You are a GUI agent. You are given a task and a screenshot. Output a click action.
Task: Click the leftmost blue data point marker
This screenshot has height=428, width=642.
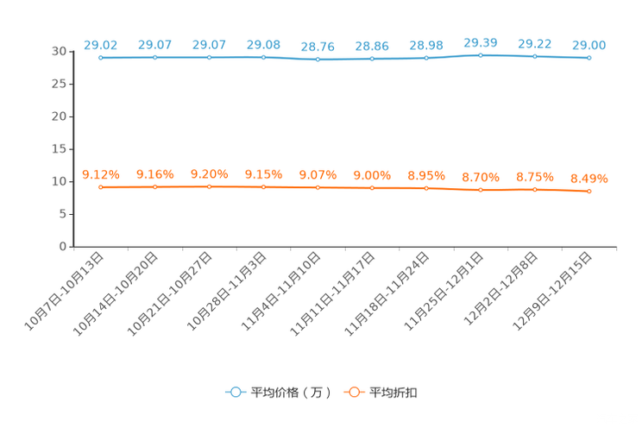tap(101, 58)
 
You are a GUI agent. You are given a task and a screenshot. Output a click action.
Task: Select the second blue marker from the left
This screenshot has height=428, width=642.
tap(155, 57)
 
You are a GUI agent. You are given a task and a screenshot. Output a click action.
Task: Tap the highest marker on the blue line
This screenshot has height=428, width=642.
tap(481, 55)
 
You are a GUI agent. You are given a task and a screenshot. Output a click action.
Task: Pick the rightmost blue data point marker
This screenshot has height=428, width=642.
tap(589, 58)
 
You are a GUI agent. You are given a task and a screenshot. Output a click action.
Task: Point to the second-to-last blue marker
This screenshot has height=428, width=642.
tap(535, 57)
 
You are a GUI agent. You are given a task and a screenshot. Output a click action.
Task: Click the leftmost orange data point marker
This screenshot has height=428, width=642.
tap(101, 187)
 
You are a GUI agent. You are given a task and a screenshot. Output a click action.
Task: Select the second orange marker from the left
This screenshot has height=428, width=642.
tap(155, 187)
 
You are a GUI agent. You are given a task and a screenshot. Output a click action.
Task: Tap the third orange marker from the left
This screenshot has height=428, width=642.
tap(210, 186)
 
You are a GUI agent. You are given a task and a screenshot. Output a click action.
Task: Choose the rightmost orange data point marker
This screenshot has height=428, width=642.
tap(589, 192)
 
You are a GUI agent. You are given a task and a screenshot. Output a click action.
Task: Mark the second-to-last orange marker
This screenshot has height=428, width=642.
tap(535, 190)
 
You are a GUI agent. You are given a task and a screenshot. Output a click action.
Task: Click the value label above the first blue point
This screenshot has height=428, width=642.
tap(101, 44)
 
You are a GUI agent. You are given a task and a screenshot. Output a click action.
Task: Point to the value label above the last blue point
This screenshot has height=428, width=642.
tap(589, 44)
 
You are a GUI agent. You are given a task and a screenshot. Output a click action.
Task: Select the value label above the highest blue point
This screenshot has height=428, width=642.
tap(481, 41)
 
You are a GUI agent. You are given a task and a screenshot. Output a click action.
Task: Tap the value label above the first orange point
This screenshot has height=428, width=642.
tap(101, 173)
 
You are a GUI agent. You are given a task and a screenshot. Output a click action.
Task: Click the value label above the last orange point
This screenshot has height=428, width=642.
tap(589, 179)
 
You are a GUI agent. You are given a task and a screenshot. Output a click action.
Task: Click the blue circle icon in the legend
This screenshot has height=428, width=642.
tap(235, 392)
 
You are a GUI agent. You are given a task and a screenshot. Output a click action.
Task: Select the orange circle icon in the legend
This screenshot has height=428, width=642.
tap(354, 392)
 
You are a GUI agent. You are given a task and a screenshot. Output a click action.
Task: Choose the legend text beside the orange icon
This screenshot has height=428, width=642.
tap(395, 393)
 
